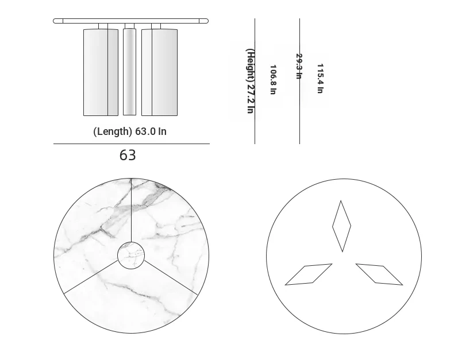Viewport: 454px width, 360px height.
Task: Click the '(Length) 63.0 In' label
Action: click(x=130, y=131)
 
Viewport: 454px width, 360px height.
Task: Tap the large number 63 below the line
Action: click(x=128, y=155)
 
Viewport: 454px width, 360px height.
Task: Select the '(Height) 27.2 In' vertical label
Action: click(x=251, y=81)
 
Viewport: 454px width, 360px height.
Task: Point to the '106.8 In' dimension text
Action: click(x=273, y=80)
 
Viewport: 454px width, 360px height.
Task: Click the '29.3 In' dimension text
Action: click(x=299, y=66)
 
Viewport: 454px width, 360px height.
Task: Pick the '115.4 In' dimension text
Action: click(x=320, y=79)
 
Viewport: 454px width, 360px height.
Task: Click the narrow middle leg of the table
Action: click(x=129, y=72)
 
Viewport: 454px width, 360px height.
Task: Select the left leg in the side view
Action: click(x=101, y=72)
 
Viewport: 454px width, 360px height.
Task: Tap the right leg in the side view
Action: click(x=159, y=72)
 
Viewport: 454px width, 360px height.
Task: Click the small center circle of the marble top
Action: click(x=131, y=256)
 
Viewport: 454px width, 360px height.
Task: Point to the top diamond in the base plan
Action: click(x=342, y=226)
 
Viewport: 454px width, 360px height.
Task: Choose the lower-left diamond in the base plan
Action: click(x=309, y=274)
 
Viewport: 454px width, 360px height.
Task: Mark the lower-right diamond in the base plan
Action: click(x=379, y=274)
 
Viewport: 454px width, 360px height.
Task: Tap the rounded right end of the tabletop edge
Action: click(x=203, y=21)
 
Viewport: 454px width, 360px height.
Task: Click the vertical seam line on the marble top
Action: click(x=131, y=210)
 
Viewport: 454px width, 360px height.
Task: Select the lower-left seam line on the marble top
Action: click(x=91, y=277)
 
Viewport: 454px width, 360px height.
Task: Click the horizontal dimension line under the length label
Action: click(x=132, y=144)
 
